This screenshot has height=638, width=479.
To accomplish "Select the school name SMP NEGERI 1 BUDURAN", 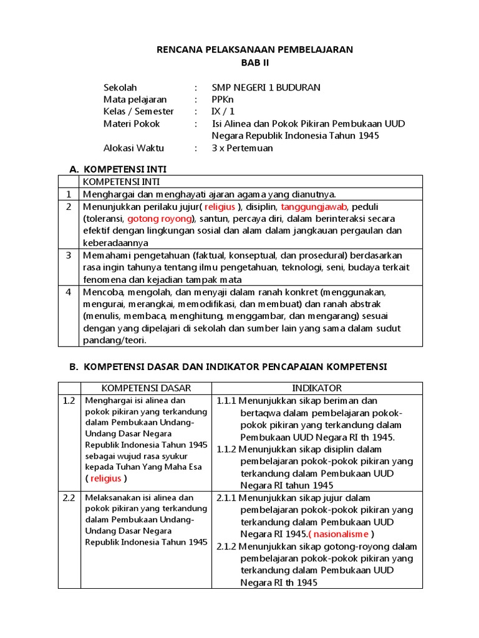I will [x=266, y=87].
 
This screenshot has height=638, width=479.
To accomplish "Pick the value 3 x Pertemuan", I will [x=242, y=148].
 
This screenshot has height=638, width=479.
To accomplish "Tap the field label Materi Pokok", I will [x=132, y=124].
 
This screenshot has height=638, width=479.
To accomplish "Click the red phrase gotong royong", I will [x=160, y=219].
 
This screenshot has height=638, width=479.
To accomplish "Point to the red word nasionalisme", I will [x=340, y=534].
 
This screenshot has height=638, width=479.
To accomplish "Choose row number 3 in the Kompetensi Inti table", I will [x=69, y=255].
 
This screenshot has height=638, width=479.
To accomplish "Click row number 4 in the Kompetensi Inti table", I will [x=69, y=292].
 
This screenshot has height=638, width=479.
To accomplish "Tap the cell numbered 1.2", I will [x=69, y=401].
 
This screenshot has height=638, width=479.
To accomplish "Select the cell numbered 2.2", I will [x=69, y=498].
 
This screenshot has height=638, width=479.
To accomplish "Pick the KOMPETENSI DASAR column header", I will [x=146, y=388].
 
